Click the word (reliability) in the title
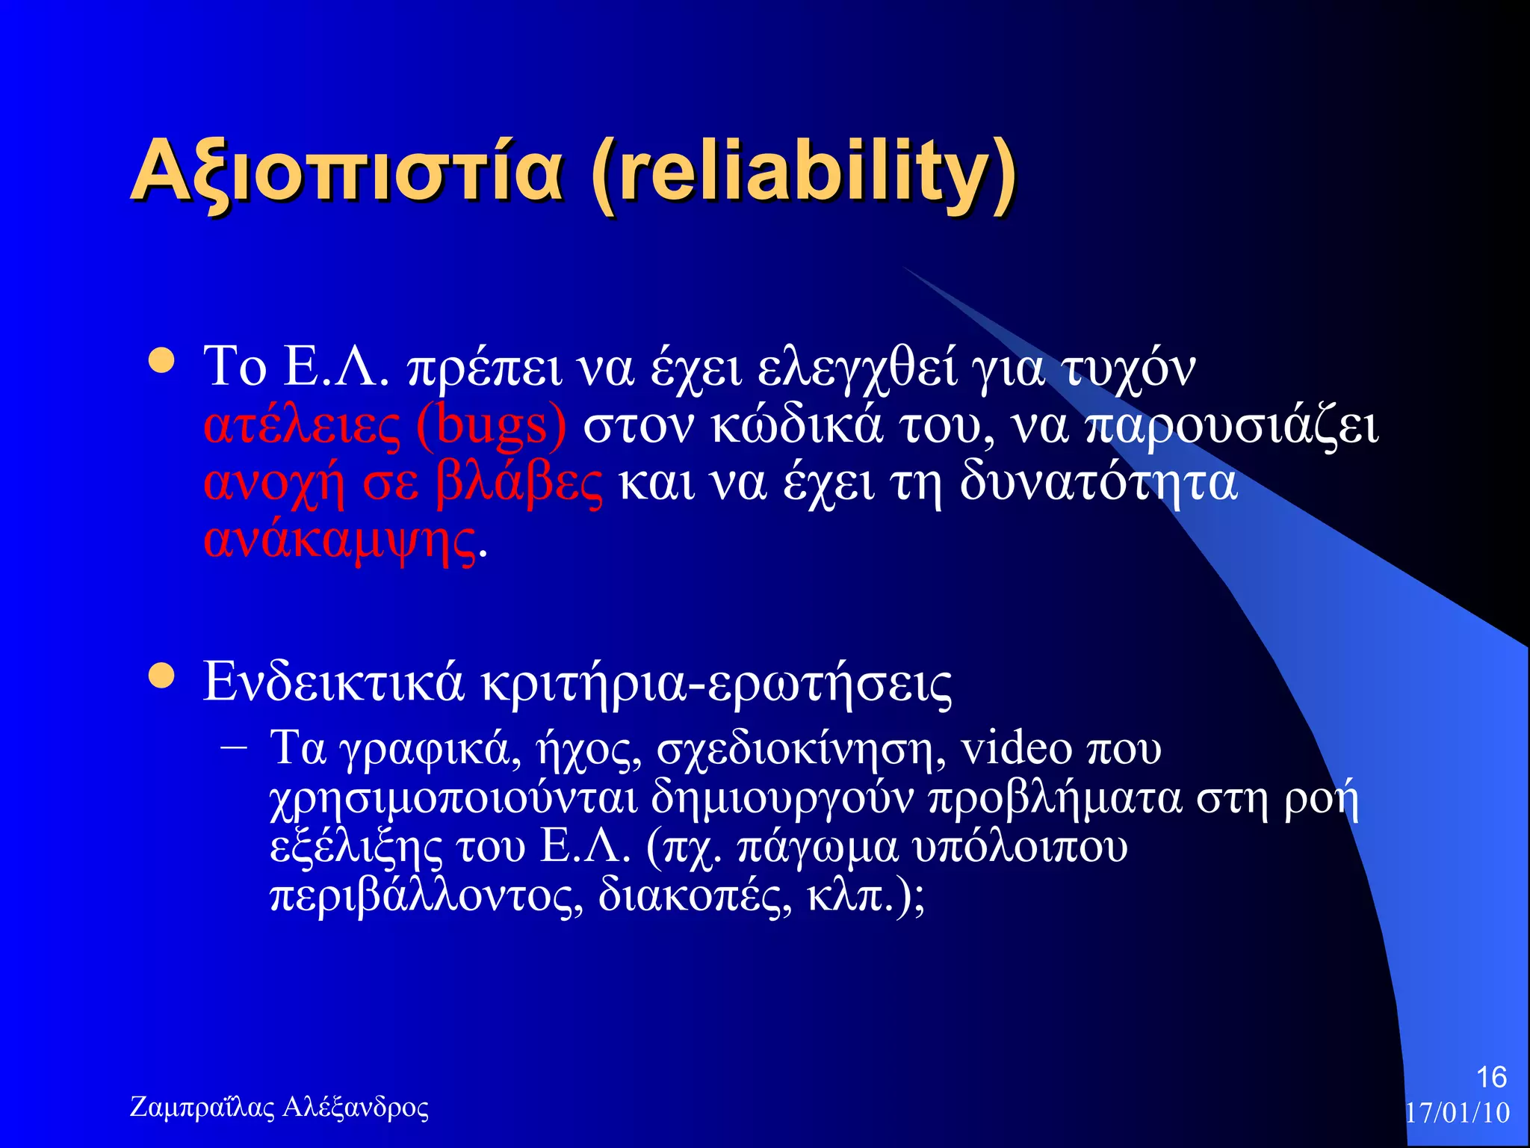803,173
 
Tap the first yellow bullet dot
161,361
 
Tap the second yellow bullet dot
161,676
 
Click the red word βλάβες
518,484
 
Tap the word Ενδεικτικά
333,682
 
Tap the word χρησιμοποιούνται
453,798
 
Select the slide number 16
1490,1077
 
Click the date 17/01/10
1457,1113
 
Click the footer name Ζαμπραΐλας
202,1107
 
